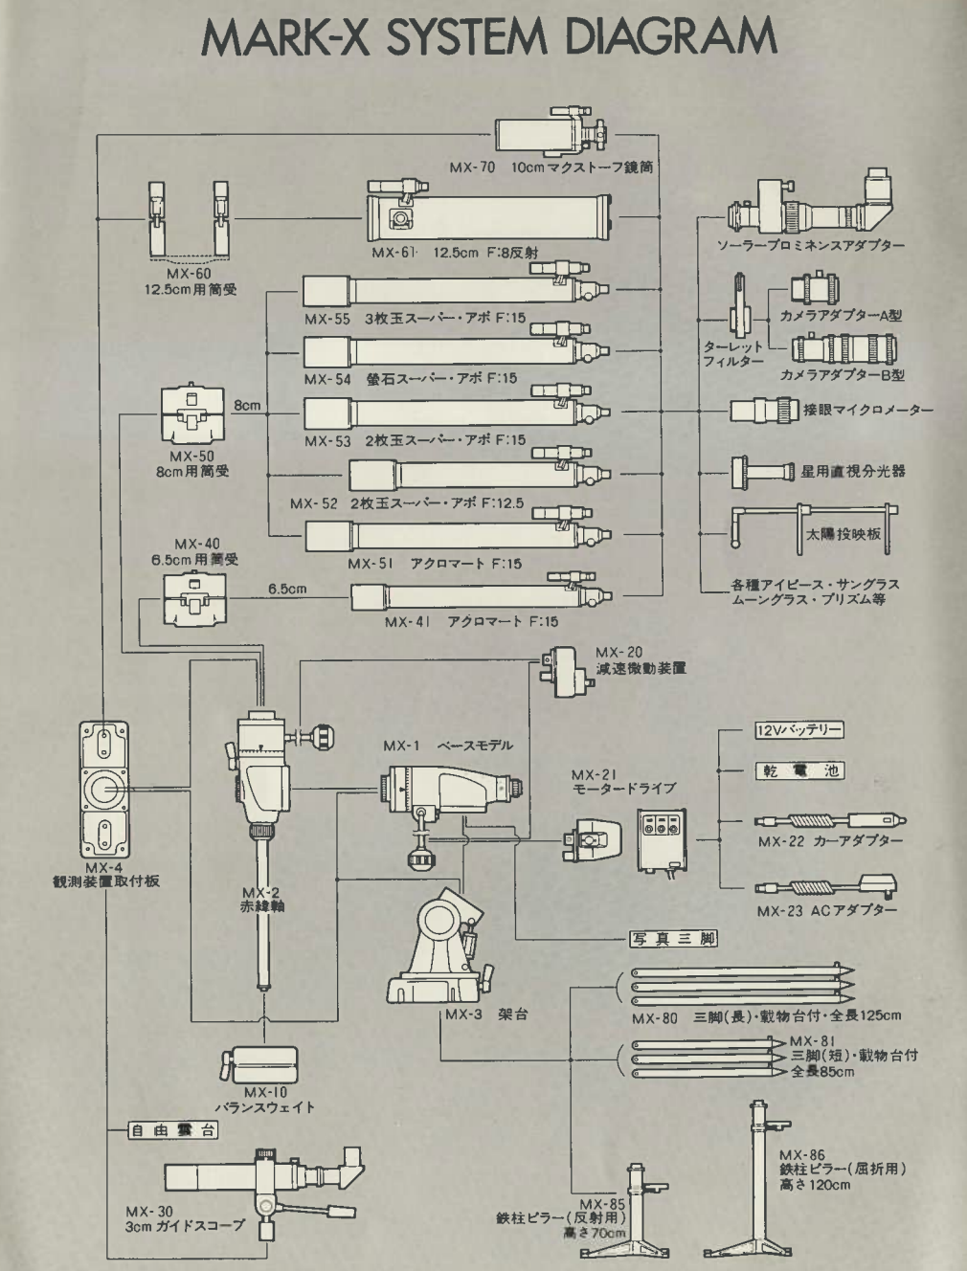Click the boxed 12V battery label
(x=793, y=730)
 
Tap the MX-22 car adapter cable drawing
(x=829, y=821)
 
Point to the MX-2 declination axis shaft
(x=262, y=909)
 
